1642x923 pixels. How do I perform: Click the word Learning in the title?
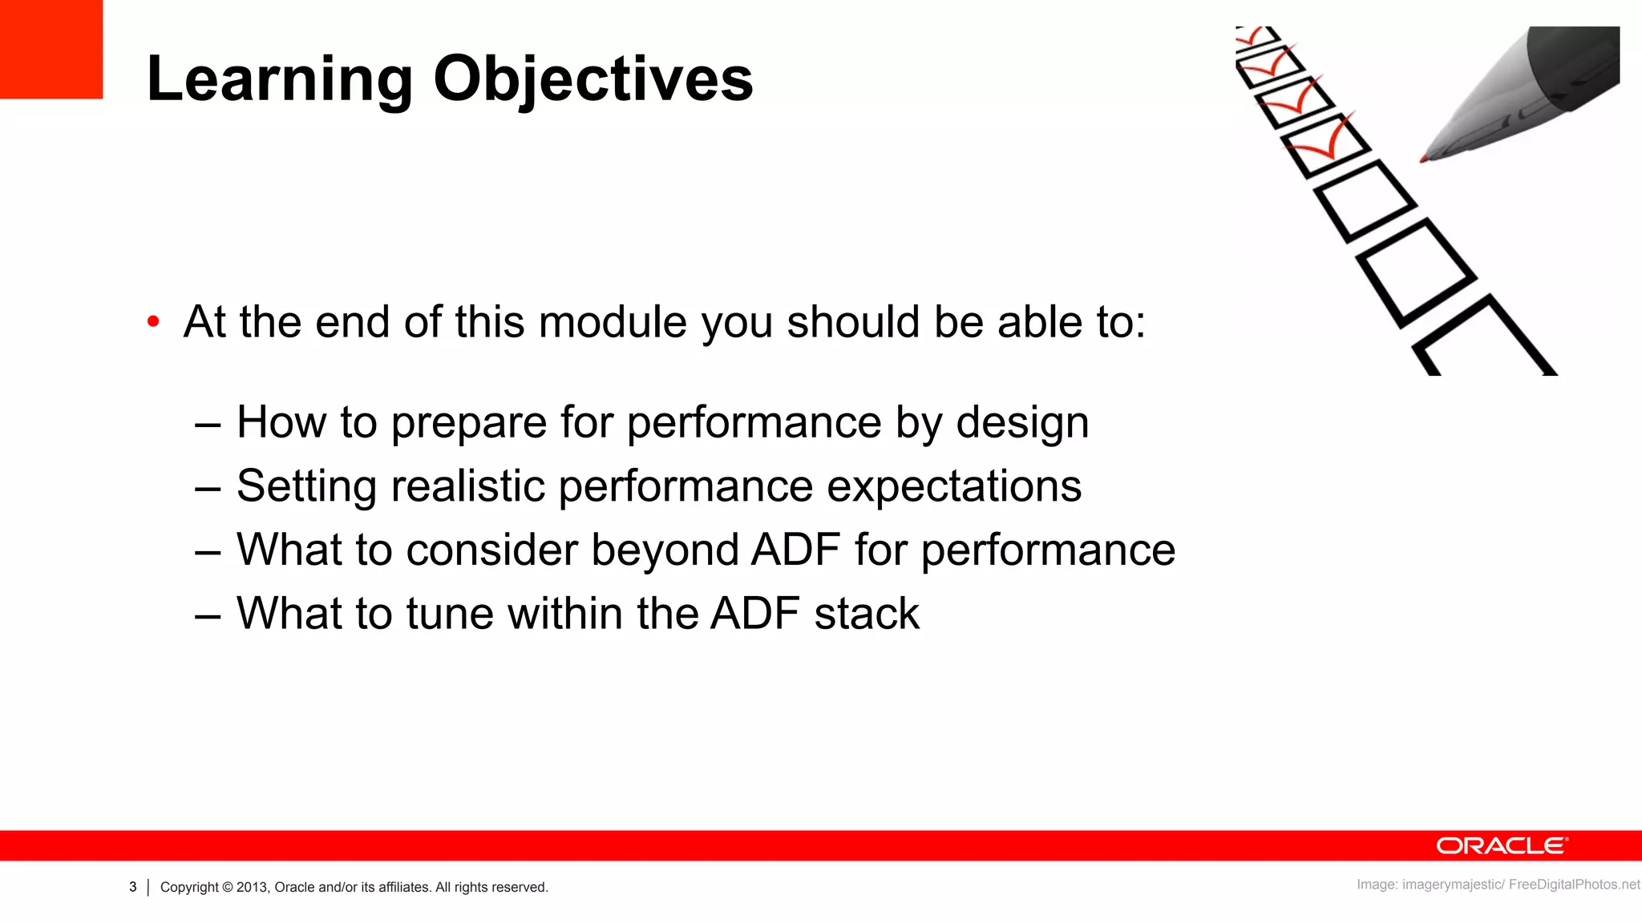[279, 80]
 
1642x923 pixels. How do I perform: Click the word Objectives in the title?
[593, 80]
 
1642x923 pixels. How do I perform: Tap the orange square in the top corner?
[51, 49]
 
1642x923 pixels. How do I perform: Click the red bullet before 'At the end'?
[153, 322]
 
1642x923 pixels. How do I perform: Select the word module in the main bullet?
[613, 322]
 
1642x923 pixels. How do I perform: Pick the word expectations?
[954, 487]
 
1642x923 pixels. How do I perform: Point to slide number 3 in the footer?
[133, 887]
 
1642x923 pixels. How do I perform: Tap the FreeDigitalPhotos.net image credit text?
[1573, 885]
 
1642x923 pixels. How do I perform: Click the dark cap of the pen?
[1575, 64]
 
